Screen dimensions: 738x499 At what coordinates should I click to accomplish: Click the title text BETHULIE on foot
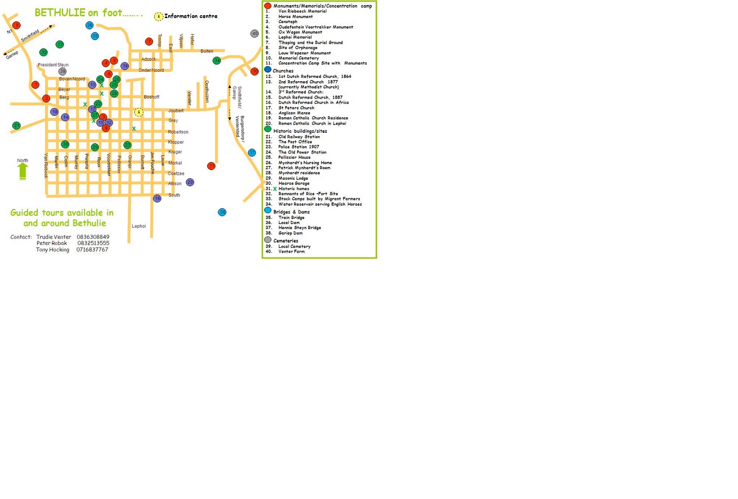click(78, 13)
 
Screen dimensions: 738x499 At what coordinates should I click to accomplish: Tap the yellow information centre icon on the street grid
click(138, 112)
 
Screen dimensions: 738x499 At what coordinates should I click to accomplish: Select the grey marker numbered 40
click(255, 33)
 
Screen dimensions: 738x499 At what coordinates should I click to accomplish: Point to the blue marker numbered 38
click(222, 212)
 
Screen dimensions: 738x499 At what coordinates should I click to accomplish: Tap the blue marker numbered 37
click(252, 153)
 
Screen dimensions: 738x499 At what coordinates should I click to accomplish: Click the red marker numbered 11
click(211, 166)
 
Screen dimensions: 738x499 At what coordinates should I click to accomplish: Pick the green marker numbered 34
click(217, 60)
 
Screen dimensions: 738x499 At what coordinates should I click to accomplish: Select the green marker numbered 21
click(17, 125)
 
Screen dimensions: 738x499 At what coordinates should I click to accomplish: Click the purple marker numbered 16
click(157, 198)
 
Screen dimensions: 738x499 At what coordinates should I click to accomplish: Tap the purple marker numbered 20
click(190, 182)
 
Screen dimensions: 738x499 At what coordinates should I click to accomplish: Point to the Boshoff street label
click(151, 97)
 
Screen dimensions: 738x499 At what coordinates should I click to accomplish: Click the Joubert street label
click(176, 111)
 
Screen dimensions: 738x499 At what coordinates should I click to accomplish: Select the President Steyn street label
click(53, 65)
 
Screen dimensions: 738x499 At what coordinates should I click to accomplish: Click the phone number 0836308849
click(93, 237)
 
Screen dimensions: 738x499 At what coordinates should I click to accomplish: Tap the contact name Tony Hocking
click(53, 249)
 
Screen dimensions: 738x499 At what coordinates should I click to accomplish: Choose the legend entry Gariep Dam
click(291, 233)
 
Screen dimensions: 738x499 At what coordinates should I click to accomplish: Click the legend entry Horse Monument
click(296, 17)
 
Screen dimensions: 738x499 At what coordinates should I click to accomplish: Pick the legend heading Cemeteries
click(286, 241)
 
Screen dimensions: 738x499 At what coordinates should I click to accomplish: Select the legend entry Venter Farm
click(292, 251)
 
